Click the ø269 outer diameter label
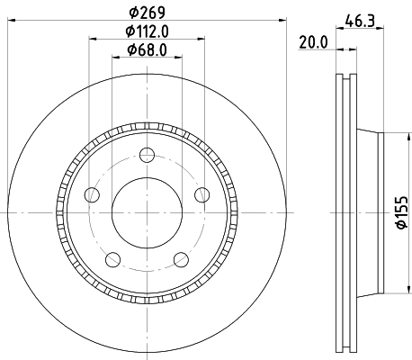(x=144, y=13)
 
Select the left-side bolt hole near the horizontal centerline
(x=91, y=195)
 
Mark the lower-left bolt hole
(x=112, y=259)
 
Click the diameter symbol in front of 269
(x=132, y=13)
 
